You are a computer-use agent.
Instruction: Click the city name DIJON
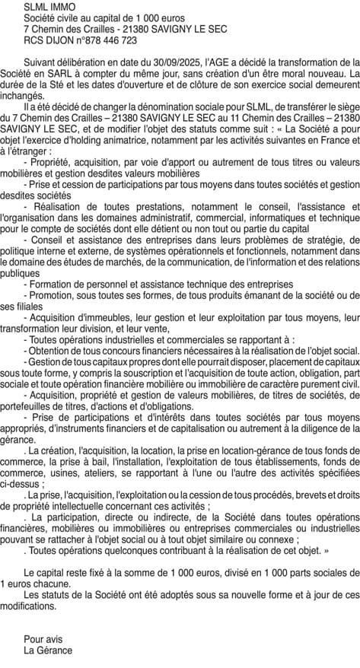pyautogui.click(x=55, y=40)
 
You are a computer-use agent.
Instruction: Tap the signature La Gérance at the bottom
pyautogui.click(x=48, y=650)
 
